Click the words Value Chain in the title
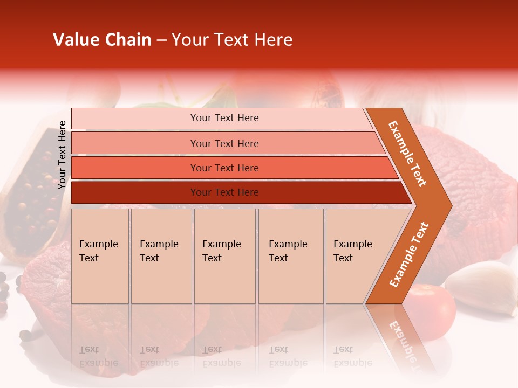click(102, 40)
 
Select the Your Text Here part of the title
click(232, 40)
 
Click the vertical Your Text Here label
click(62, 155)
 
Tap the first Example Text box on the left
click(100, 256)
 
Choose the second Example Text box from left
click(161, 256)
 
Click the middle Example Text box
click(224, 256)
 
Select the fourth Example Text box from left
click(290, 256)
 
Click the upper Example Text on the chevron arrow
click(407, 154)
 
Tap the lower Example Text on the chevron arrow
click(409, 254)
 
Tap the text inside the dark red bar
click(224, 192)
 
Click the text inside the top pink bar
click(224, 118)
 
